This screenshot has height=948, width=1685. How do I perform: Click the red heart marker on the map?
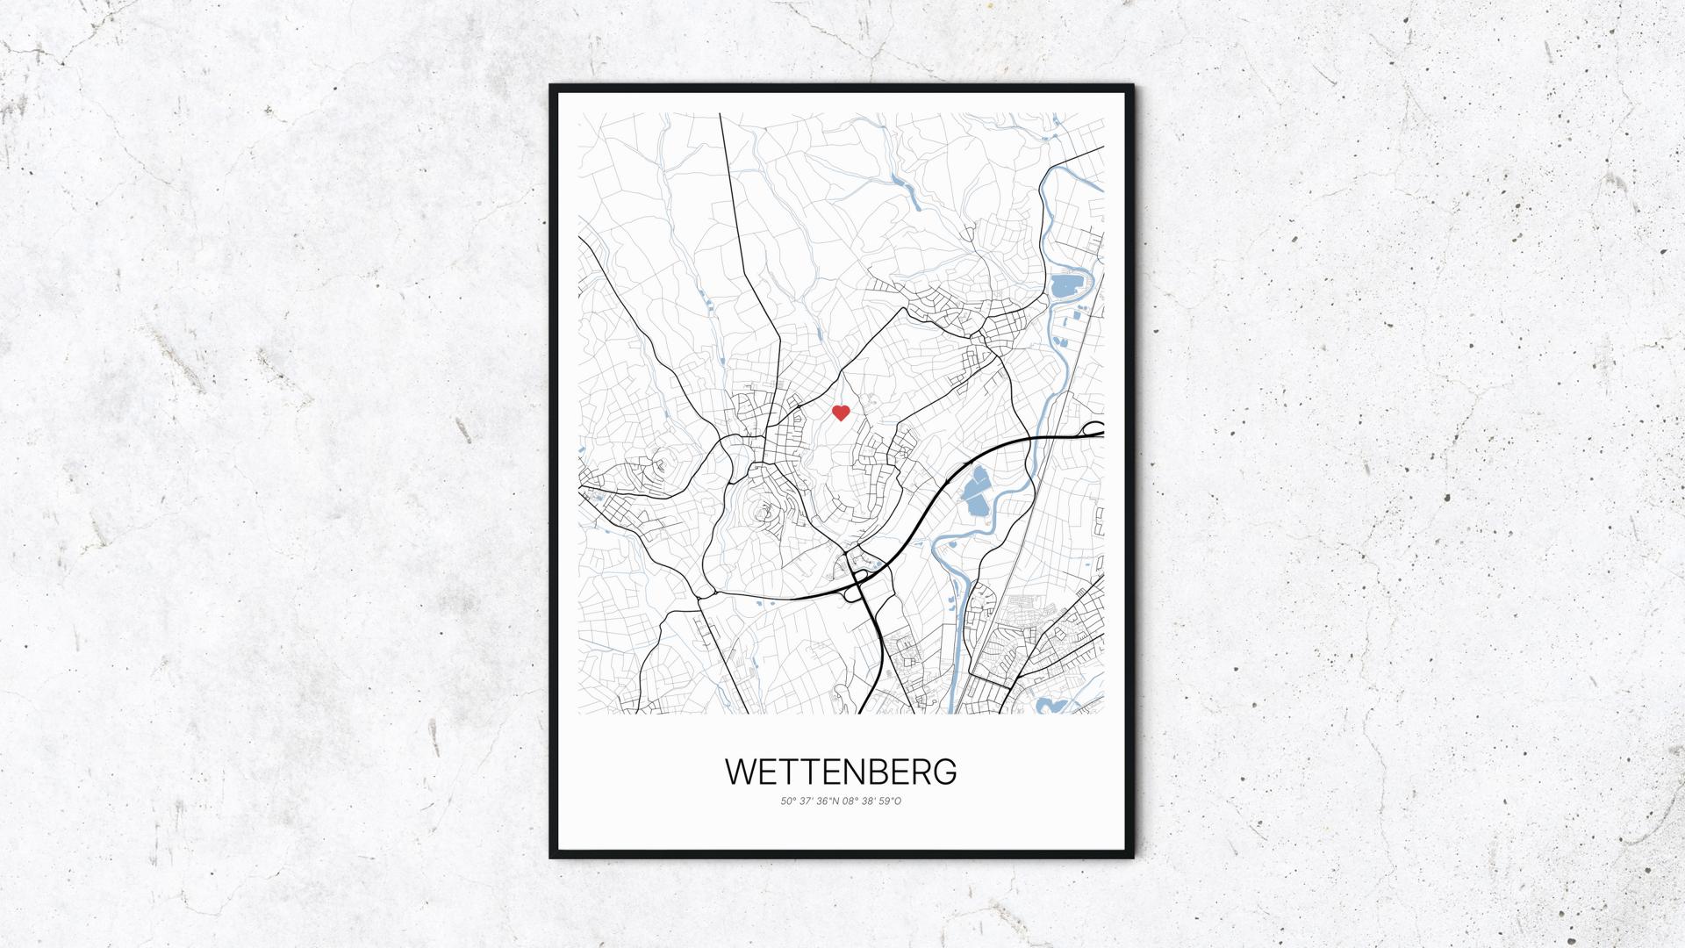point(841,413)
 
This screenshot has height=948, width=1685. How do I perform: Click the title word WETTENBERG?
point(841,772)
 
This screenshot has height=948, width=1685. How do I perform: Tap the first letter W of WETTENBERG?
point(740,772)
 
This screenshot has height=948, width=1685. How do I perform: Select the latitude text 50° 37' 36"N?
point(808,801)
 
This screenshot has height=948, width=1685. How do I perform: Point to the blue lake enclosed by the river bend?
point(1065,285)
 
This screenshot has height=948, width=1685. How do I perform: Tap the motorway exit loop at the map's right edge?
point(1093,429)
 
